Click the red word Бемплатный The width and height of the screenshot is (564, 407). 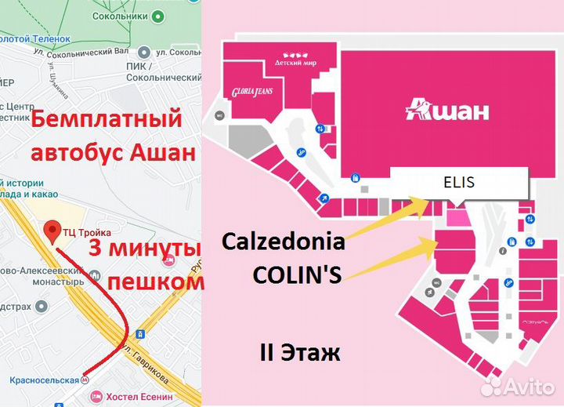[x=105, y=122]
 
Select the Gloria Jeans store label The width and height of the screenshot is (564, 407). [x=251, y=92]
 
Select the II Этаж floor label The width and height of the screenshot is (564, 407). [x=299, y=352]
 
